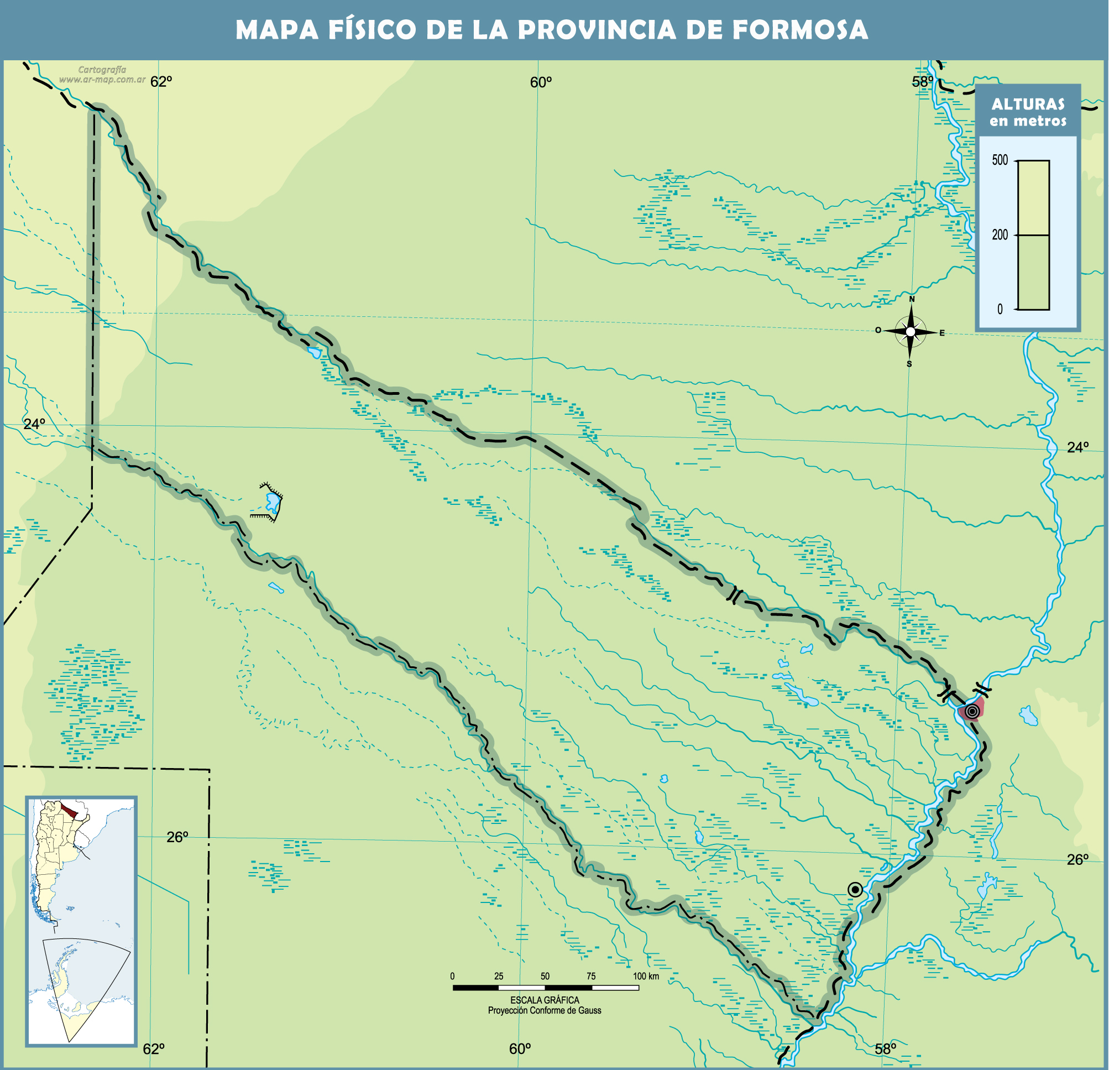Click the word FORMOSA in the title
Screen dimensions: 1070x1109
(800, 30)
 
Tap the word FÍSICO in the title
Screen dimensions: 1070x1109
(373, 30)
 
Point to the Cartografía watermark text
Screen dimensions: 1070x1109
(102, 70)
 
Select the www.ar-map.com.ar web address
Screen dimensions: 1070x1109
(102, 80)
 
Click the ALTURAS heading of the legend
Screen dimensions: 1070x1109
(1028, 104)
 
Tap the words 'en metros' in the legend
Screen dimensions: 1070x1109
(1028, 121)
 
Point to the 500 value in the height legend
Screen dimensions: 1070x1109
(1000, 160)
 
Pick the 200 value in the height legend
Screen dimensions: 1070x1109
(1000, 235)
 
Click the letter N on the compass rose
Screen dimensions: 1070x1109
(912, 299)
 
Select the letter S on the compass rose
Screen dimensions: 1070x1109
(909, 364)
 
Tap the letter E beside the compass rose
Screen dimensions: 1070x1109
(942, 333)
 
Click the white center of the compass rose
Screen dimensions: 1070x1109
(911, 332)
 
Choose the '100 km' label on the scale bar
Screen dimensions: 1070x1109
(646, 976)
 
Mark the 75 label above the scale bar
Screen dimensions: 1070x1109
(591, 976)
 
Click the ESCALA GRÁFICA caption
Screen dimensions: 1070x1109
(545, 1000)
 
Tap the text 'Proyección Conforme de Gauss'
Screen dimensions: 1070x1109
(545, 1011)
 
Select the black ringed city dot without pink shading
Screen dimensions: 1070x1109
(855, 890)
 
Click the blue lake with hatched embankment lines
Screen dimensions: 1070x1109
(273, 502)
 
